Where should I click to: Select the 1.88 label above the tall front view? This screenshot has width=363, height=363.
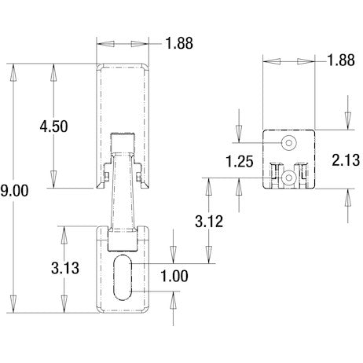coord(179,43)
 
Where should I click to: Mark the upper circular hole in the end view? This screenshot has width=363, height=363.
coord(289,142)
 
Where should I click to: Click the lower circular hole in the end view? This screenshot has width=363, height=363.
coord(291,178)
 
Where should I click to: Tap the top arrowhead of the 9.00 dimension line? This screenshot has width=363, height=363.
coord(13,70)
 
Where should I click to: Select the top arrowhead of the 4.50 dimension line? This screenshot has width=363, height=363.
coord(53,70)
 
